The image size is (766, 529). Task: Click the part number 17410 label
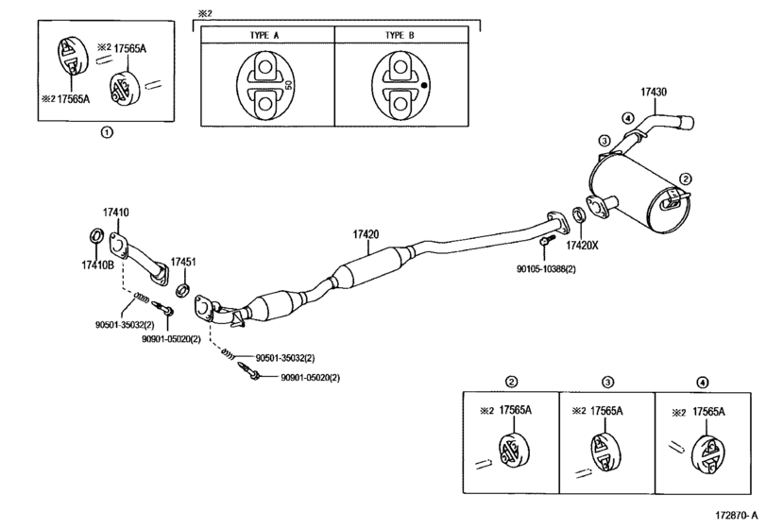pyautogui.click(x=116, y=213)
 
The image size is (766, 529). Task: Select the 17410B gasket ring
pyautogui.click(x=96, y=235)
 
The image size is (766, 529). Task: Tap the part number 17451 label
pyautogui.click(x=183, y=262)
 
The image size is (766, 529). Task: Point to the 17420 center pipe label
pyautogui.click(x=366, y=234)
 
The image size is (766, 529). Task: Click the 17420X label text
pyautogui.click(x=582, y=246)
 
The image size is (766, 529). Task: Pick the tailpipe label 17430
pyautogui.click(x=654, y=92)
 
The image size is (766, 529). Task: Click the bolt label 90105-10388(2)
pyautogui.click(x=546, y=269)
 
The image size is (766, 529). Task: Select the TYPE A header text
pyautogui.click(x=264, y=35)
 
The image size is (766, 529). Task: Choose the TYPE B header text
pyautogui.click(x=400, y=35)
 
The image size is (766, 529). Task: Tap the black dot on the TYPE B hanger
pyautogui.click(x=424, y=84)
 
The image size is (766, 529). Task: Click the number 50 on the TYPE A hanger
pyautogui.click(x=288, y=84)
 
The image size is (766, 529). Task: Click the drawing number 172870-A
pyautogui.click(x=737, y=516)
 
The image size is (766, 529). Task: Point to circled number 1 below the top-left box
pyautogui.click(x=106, y=132)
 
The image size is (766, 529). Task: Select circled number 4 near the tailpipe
pyautogui.click(x=628, y=118)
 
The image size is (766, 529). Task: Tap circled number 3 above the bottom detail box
pyautogui.click(x=607, y=382)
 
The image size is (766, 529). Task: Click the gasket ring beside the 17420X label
pyautogui.click(x=579, y=214)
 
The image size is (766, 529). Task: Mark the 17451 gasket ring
pyautogui.click(x=183, y=289)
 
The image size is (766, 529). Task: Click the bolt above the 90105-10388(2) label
pyautogui.click(x=547, y=239)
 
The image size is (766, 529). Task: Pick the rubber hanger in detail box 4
pyautogui.click(x=708, y=454)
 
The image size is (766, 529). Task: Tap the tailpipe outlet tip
pyautogui.click(x=686, y=122)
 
